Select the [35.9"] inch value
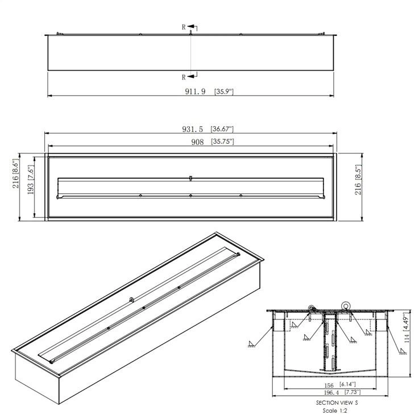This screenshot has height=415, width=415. [225, 91]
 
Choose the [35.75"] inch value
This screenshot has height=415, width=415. [222, 141]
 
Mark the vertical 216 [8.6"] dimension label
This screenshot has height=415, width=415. [15, 172]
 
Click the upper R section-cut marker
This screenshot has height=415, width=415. [184, 27]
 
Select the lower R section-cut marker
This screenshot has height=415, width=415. [184, 77]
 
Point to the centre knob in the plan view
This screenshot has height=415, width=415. [190, 179]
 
